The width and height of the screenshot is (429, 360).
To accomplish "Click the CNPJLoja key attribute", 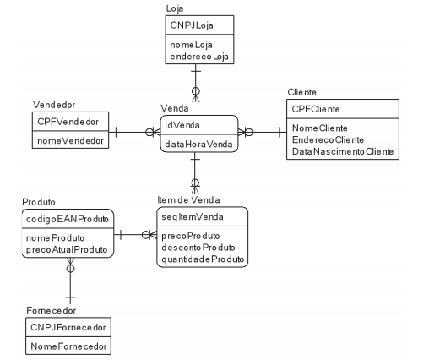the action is [192, 25].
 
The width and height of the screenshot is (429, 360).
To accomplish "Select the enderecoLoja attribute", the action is [199, 57].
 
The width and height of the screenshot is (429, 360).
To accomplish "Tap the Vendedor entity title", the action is [54, 105].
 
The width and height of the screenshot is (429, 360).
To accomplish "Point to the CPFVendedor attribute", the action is [68, 122].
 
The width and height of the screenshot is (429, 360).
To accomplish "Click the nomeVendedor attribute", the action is [70, 140].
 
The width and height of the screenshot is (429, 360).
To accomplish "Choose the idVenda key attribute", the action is [182, 125].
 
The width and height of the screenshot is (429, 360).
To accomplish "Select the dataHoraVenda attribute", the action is [198, 145].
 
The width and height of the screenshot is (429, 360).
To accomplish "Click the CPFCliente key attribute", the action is [316, 109].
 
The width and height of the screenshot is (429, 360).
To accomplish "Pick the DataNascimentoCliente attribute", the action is [343, 151].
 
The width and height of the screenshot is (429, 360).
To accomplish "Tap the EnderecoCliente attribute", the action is [328, 139].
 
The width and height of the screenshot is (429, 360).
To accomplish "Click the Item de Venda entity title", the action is [188, 200].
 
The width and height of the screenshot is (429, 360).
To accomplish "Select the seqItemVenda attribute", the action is [193, 217].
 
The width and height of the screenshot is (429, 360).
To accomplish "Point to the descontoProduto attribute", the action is [198, 248].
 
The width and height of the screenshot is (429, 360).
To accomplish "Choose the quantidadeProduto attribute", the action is [203, 259].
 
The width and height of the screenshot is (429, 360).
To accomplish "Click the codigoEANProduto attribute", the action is [68, 219].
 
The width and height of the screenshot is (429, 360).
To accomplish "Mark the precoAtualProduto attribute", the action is [67, 249].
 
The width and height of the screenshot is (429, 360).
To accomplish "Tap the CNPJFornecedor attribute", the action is [68, 327].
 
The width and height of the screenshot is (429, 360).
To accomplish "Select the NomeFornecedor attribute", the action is [68, 346].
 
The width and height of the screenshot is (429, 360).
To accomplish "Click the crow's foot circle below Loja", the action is [196, 91].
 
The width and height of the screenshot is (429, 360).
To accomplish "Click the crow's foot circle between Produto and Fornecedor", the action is [70, 269].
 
